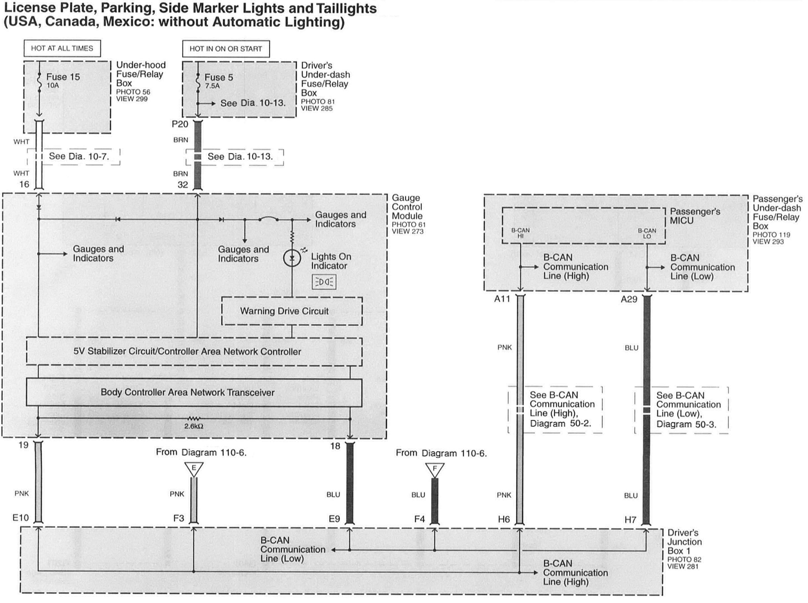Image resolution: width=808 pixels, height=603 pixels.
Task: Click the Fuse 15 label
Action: pyautogui.click(x=63, y=77)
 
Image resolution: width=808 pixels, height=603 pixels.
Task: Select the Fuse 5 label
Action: pyautogui.click(x=218, y=77)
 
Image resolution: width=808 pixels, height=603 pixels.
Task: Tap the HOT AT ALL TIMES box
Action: pyautogui.click(x=62, y=48)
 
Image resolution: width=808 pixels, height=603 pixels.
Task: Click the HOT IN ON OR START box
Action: pyautogui.click(x=226, y=49)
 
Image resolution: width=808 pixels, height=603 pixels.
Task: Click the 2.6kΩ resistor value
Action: pyautogui.click(x=194, y=426)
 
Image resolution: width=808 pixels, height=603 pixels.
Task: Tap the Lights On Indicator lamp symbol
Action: pyautogui.click(x=292, y=258)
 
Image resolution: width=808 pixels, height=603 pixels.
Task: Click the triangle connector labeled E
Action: pyautogui.click(x=194, y=469)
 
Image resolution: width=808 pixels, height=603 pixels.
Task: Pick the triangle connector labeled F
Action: pyautogui.click(x=435, y=469)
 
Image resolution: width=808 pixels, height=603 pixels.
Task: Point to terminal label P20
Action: pyautogui.click(x=180, y=124)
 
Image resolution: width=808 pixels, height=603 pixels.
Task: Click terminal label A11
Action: pyautogui.click(x=502, y=299)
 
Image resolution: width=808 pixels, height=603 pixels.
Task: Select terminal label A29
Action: pyautogui.click(x=629, y=299)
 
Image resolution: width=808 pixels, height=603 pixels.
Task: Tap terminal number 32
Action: pyautogui.click(x=183, y=185)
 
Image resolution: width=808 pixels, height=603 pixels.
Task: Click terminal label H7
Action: pyautogui.click(x=630, y=520)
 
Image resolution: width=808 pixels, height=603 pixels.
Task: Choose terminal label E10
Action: pyautogui.click(x=20, y=518)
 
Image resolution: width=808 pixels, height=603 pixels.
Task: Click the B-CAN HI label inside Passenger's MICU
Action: pyautogui.click(x=520, y=233)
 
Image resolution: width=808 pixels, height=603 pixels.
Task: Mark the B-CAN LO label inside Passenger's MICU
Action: pyautogui.click(x=647, y=233)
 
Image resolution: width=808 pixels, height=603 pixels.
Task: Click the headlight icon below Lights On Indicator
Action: pyautogui.click(x=324, y=282)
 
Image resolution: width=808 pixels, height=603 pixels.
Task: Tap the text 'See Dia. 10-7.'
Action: pyautogui.click(x=79, y=156)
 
